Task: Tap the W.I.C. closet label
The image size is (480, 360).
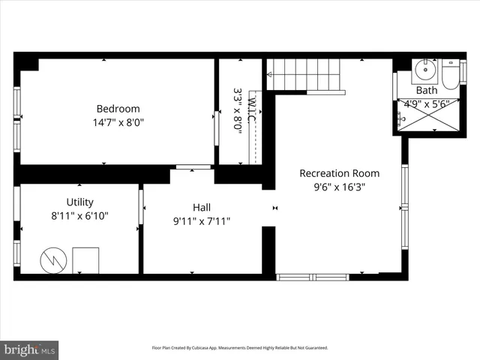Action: point(253,110)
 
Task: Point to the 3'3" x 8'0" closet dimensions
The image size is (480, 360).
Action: point(238,110)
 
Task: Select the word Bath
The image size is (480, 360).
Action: point(427,91)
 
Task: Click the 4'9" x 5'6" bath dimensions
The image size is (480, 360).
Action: point(427,104)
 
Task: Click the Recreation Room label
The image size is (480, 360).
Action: point(339,173)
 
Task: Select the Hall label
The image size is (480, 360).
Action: point(201,208)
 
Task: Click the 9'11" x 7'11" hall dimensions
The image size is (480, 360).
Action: point(201,221)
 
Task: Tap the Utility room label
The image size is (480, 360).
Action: point(79,202)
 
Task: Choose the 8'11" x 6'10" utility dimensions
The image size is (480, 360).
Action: point(79,215)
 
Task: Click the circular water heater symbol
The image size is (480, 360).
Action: point(52,259)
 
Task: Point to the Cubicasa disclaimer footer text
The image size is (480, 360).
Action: point(240,348)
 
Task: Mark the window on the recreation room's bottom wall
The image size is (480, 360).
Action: point(313,277)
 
